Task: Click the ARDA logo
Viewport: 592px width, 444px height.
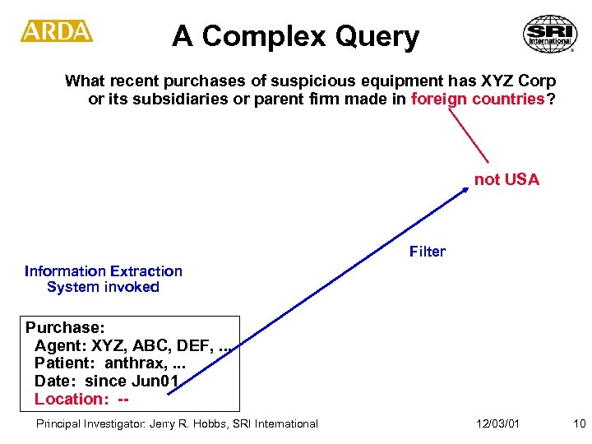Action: click(57, 31)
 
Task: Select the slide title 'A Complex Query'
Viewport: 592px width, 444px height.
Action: click(295, 36)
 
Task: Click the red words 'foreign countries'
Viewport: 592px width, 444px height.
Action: click(478, 99)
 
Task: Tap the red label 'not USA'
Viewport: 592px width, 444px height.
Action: click(506, 180)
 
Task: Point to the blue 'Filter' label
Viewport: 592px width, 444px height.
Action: click(427, 252)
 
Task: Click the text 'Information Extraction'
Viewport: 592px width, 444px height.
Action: click(104, 271)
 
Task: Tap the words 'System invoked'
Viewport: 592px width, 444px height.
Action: click(103, 288)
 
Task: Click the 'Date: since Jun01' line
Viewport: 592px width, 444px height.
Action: click(107, 382)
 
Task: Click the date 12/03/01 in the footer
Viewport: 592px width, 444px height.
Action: click(497, 423)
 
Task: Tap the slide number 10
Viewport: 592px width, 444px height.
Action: click(579, 423)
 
